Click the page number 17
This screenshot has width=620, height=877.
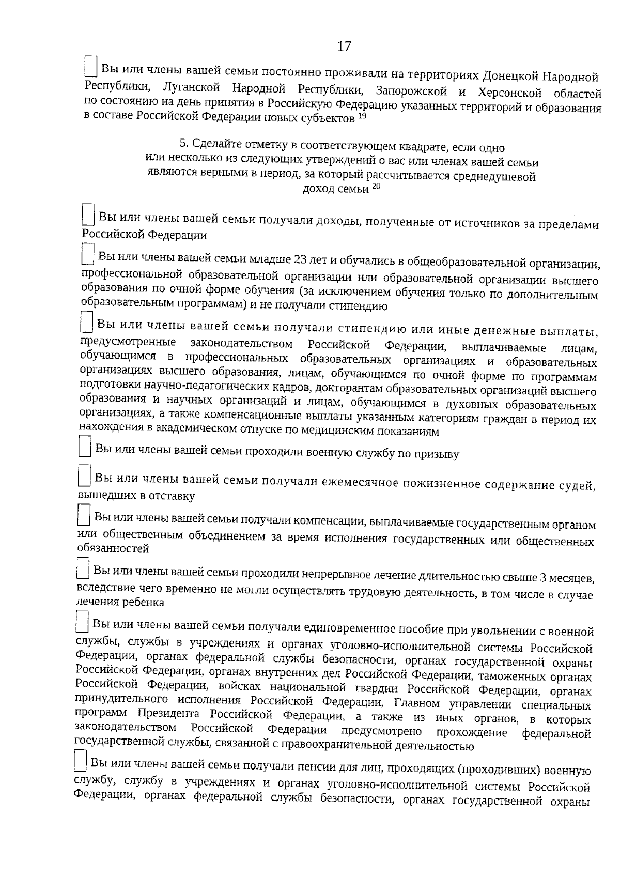[x=344, y=47]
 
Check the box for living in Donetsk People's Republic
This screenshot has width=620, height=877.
[x=90, y=67]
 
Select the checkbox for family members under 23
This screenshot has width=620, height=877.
[x=88, y=256]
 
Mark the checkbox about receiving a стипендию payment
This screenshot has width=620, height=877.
[x=87, y=321]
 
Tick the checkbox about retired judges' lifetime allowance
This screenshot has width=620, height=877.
[x=84, y=475]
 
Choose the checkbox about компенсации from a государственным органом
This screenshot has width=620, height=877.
[x=83, y=516]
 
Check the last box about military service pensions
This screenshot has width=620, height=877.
[x=80, y=761]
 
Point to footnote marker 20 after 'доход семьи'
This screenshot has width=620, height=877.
[x=376, y=187]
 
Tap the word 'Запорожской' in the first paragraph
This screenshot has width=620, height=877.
[x=411, y=91]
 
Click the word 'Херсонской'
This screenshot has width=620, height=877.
[x=512, y=93]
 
